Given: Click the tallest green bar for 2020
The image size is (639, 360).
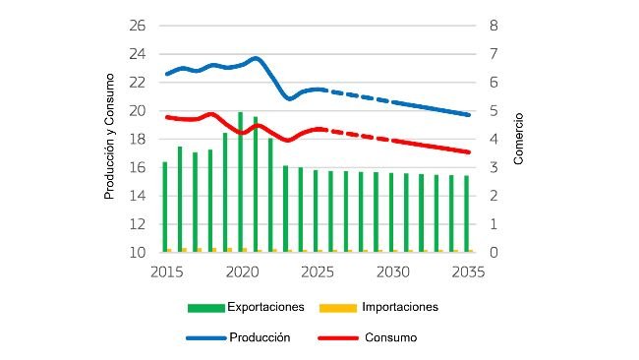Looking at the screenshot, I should click(241, 183).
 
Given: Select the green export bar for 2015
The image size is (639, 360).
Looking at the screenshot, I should click(165, 207).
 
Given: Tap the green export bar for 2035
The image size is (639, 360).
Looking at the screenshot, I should click(467, 213).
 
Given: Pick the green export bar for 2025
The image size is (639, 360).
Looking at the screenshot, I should click(316, 211).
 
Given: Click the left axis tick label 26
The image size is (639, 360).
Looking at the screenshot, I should click(138, 25).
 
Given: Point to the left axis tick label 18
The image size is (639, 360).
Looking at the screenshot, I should click(138, 139).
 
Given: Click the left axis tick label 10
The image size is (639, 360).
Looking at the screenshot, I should click(138, 253).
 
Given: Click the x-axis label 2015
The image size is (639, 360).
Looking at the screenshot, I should click(167, 271).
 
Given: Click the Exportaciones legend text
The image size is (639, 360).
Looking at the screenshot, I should click(265, 307).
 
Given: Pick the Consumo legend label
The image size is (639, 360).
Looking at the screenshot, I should click(390, 337).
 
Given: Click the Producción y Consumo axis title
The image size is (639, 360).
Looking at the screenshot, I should click(111, 140).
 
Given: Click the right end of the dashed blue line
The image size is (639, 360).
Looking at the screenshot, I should click(468, 115).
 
